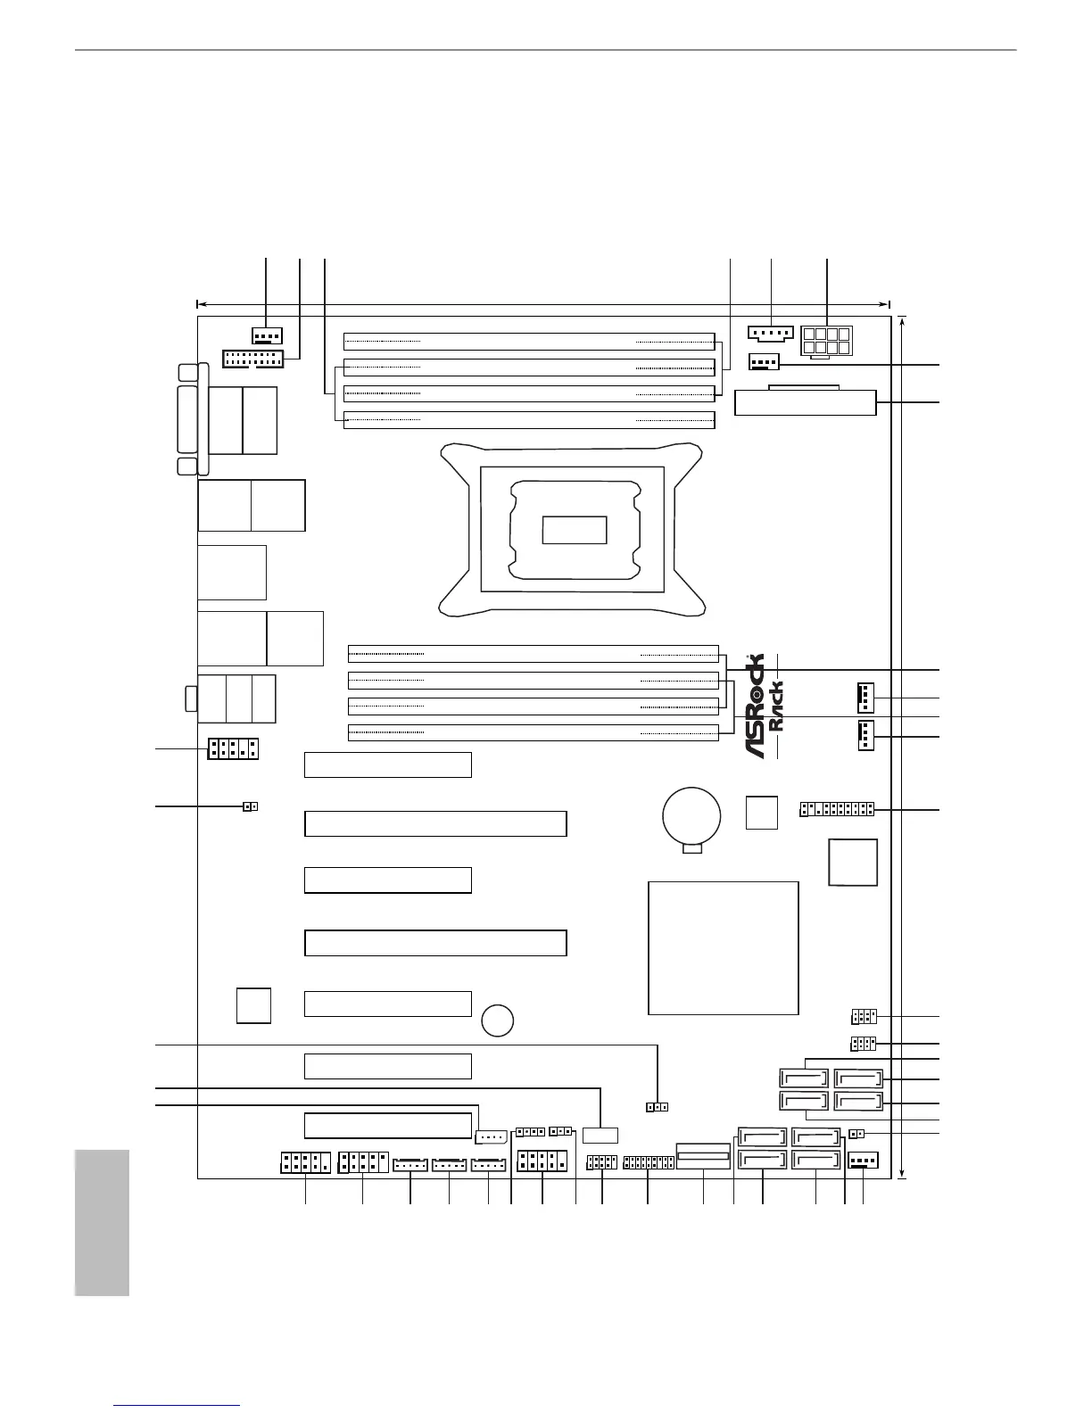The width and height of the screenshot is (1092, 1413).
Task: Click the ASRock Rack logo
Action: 765,706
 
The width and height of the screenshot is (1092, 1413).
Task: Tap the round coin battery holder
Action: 691,814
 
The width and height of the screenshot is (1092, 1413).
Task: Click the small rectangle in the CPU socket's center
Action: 575,530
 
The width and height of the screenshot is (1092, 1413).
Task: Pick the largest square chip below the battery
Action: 723,947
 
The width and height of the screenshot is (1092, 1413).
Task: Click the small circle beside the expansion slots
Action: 497,1020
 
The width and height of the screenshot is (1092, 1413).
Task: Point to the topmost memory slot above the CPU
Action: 530,341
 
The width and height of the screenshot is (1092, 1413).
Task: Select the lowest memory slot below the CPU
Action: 533,732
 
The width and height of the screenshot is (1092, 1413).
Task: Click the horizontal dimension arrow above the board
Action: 542,303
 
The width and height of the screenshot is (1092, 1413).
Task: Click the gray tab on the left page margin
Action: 102,1222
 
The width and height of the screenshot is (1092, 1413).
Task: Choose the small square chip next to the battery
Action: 761,812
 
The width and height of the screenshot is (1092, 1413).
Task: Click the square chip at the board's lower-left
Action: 253,1005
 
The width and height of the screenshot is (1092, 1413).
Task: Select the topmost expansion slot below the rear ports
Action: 387,765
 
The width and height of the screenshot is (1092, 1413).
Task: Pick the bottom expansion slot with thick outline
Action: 387,1125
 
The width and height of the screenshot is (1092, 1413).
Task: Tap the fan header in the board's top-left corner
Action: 267,336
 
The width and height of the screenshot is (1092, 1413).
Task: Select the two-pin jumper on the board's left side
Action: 251,807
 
